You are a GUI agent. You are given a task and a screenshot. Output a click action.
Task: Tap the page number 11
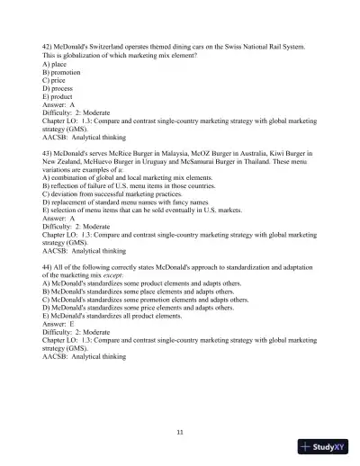180,433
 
